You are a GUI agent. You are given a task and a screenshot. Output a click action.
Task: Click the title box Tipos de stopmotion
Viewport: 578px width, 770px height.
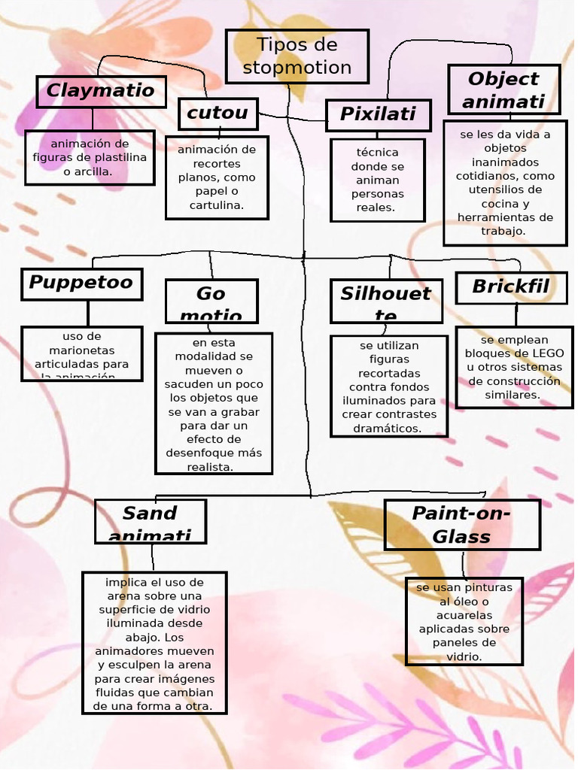297,56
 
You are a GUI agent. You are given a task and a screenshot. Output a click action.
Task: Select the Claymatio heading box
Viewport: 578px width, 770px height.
101,91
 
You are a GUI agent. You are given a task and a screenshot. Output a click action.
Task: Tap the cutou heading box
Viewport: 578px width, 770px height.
218,114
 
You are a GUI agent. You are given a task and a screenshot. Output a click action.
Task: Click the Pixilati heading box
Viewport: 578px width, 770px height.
378,114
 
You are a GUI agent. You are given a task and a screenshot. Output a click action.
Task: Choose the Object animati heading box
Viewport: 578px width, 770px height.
503,89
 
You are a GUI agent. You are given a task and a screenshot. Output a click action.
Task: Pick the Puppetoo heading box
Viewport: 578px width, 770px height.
81,283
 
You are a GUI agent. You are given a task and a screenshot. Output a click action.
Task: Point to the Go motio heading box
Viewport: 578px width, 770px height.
211,301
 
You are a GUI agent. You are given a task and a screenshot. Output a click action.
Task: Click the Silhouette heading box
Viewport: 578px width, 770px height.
385,300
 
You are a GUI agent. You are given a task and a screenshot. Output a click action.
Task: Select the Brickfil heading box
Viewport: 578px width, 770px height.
510,287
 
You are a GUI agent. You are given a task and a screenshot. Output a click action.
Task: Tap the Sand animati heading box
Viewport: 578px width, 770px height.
150,520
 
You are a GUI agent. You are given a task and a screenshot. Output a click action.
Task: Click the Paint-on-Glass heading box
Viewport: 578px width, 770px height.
461,524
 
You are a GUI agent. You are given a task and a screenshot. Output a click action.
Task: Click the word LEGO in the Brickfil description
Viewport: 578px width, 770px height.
548,353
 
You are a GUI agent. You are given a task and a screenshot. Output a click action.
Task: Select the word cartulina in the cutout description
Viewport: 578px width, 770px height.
216,205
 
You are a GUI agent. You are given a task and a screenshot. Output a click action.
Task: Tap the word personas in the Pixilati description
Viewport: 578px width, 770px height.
378,194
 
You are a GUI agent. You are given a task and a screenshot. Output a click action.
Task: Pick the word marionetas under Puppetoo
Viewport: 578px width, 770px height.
82,350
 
